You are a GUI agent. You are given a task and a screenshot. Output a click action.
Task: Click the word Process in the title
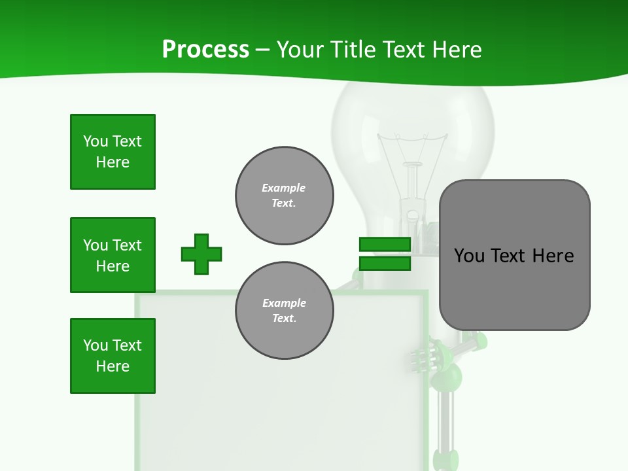click(205, 49)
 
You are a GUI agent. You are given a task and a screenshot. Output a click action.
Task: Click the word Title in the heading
click(351, 49)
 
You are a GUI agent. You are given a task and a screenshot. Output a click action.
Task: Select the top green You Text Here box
click(113, 152)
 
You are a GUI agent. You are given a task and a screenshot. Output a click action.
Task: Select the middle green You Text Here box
click(113, 255)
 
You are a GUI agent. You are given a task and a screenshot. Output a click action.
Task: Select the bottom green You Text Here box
click(113, 356)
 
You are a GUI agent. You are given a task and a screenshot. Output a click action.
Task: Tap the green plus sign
click(201, 254)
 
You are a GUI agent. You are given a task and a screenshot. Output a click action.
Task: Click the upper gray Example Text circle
click(285, 196)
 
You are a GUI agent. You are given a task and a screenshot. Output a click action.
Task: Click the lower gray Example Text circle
click(285, 311)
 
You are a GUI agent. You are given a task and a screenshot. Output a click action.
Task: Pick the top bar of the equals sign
click(385, 245)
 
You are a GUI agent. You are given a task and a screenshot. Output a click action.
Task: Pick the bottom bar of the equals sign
click(385, 264)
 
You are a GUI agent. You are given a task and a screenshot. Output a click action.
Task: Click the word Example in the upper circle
click(283, 188)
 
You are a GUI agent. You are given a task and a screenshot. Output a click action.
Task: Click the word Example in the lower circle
click(284, 303)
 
